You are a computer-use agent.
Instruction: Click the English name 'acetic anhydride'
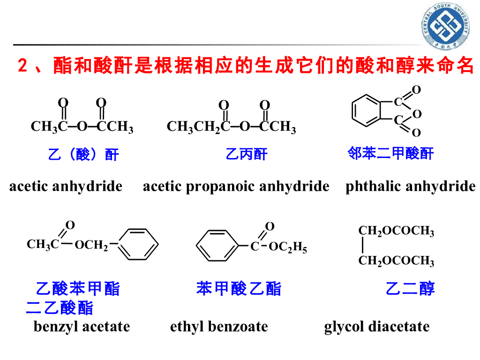tap(66, 187)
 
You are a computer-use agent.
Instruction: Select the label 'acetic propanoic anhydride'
tap(236, 187)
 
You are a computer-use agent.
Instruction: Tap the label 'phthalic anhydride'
tap(410, 187)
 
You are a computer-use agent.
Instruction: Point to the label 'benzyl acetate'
tap(82, 326)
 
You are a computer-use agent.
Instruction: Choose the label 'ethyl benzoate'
tap(219, 326)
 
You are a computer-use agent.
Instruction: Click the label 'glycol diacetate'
tap(376, 326)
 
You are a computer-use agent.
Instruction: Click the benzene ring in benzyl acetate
tap(140, 244)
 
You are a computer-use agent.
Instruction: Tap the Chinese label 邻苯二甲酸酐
tap(390, 153)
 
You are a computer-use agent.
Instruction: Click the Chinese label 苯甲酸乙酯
tap(239, 289)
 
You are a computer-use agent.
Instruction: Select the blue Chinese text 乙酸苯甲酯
tap(78, 289)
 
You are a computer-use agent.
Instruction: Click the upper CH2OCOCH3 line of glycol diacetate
tap(396, 231)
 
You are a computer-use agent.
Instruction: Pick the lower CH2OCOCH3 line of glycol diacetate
tap(396, 261)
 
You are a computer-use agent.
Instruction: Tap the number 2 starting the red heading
tap(22, 66)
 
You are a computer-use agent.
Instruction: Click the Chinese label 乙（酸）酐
tap(83, 154)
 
